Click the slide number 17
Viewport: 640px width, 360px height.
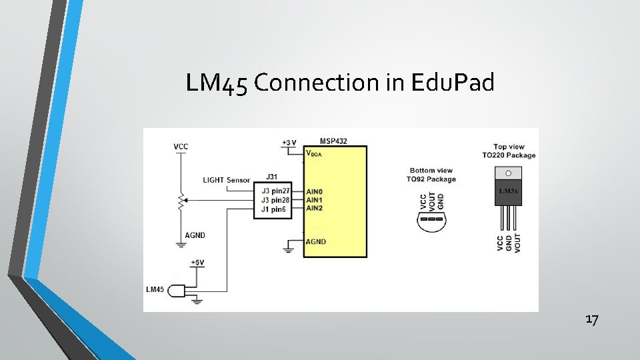(x=592, y=320)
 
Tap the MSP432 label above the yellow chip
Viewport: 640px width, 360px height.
(x=333, y=141)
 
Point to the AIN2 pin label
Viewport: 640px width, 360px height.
(x=315, y=209)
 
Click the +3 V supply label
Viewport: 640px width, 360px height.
(x=289, y=143)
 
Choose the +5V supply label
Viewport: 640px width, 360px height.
(x=198, y=263)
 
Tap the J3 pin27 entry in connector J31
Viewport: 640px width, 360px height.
(x=276, y=191)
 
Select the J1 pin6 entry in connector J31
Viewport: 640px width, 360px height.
(x=275, y=209)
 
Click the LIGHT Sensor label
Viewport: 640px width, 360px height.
(x=227, y=180)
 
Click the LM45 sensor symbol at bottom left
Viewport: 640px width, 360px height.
(x=176, y=291)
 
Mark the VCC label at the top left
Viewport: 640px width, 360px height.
(x=180, y=147)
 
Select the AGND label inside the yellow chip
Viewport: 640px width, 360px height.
(x=316, y=241)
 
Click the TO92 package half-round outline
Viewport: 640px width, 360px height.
(x=432, y=223)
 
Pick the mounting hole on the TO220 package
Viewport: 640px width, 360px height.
(x=509, y=173)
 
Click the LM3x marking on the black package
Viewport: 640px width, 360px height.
(x=509, y=191)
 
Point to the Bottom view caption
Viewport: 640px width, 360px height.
(x=431, y=171)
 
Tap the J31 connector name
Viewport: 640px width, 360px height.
(x=272, y=177)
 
